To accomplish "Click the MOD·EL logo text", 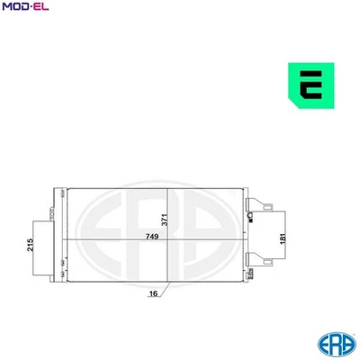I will [x=25, y=8].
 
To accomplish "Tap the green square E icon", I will [x=312, y=86].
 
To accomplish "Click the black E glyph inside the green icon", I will [x=313, y=86].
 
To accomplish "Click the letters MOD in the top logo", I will [x=15, y=8].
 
